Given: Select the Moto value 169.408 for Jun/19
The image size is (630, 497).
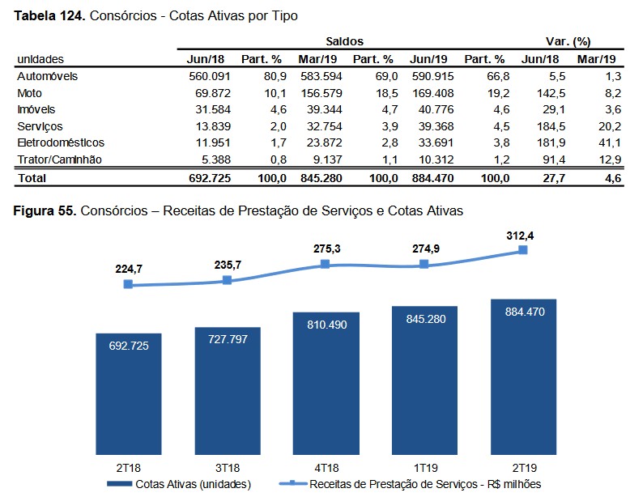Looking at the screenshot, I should (x=431, y=92).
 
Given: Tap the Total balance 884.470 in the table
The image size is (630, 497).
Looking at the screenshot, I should (x=431, y=177).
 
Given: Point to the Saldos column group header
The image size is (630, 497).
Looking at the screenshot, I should (x=344, y=40).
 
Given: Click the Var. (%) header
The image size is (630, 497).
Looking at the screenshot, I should (x=568, y=40).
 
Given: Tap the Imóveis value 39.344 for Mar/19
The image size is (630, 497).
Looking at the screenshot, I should (x=319, y=109).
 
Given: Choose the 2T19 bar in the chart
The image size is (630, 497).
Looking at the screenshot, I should (x=522, y=376).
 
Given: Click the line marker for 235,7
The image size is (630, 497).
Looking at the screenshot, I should (x=227, y=280).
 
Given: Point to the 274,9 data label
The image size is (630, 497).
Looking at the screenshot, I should (x=424, y=249).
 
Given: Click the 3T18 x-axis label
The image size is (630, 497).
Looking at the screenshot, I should (x=227, y=468).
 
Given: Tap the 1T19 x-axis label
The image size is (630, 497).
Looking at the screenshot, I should (x=424, y=468).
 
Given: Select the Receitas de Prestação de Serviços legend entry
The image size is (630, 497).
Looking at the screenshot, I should (x=413, y=484).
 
